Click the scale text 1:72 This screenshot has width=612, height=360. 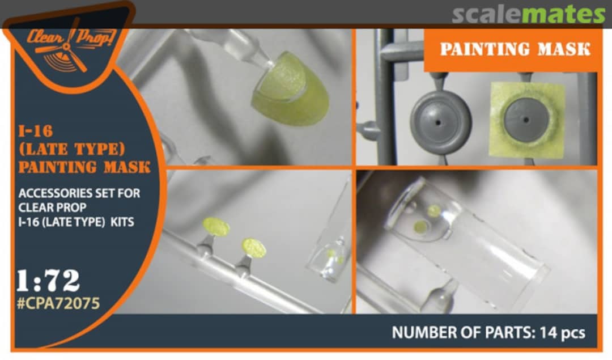tap(48, 281)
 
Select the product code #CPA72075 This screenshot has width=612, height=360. tap(58, 303)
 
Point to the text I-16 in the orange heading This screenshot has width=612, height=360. tap(36, 131)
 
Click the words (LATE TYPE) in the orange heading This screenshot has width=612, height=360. tap(72, 149)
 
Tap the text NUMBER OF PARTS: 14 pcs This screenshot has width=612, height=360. tap(488, 333)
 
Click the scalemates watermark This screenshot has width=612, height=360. tap(529, 15)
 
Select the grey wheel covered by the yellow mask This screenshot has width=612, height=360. tap(526, 120)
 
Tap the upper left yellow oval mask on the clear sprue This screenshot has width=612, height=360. tap(216, 227)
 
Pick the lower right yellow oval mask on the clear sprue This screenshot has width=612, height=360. tap(254, 248)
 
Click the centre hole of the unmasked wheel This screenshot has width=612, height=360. tap(438, 123)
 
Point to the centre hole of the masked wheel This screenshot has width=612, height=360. tap(526, 120)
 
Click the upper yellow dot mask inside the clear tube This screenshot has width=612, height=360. tap(434, 211)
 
